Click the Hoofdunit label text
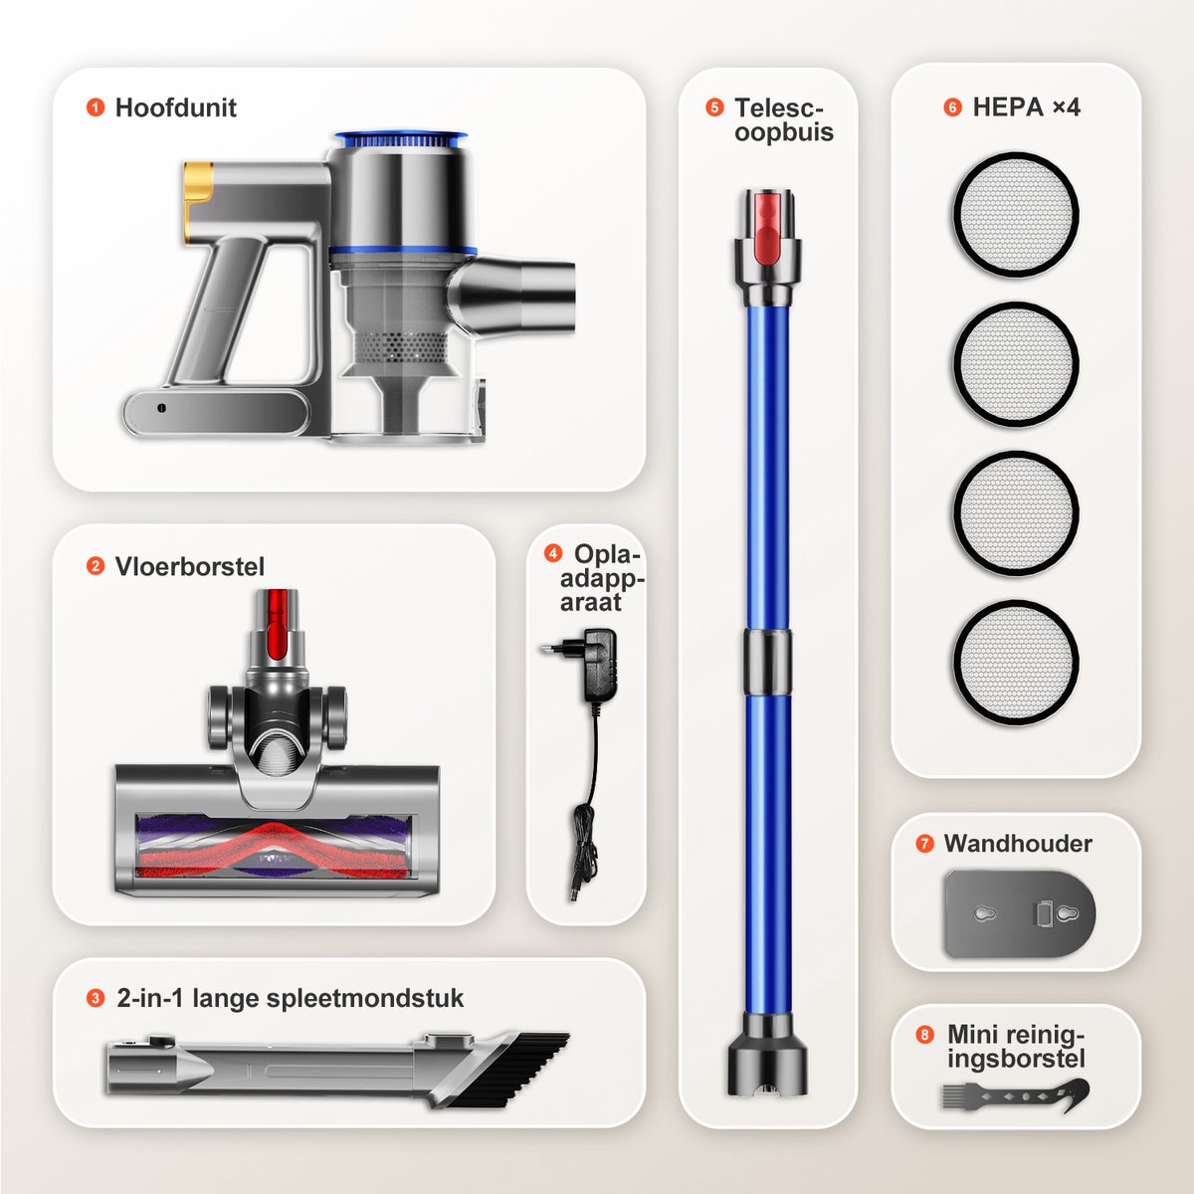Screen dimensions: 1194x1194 [x=175, y=107]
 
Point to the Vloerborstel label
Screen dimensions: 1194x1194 [x=190, y=566]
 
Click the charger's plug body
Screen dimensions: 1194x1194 [x=599, y=665]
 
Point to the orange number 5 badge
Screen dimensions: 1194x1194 [x=714, y=107]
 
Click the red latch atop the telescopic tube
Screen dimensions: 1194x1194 [x=768, y=221]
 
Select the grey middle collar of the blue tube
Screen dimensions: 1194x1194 [x=768, y=663]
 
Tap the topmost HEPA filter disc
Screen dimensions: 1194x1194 [x=1016, y=214]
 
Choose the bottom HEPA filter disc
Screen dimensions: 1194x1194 [x=1016, y=662]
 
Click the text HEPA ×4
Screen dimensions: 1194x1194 [x=1026, y=107]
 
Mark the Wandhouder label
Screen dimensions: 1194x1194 [x=1018, y=844]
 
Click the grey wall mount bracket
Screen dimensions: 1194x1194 [x=1019, y=914]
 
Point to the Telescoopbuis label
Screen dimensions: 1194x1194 [x=784, y=120]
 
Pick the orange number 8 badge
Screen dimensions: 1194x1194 [x=924, y=1034]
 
